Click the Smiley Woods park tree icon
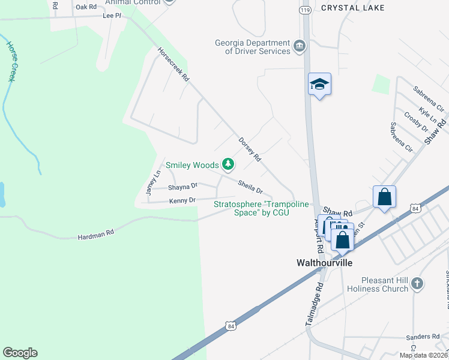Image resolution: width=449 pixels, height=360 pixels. coord(228,164)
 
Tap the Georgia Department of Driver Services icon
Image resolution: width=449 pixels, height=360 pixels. coord(300,46)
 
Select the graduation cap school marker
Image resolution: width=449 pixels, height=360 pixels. coord(319,85)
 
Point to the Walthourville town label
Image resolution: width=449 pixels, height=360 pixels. coord(324,263)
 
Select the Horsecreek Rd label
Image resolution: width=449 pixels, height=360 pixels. coord(173,65)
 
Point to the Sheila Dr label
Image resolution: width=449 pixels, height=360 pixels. coord(250,187)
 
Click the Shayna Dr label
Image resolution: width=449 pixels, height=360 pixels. coord(182,187)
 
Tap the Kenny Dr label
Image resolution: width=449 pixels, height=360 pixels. coord(182,200)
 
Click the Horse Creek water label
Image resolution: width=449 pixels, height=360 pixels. coord(11,61)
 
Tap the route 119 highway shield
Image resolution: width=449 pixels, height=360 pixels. coord(305,11)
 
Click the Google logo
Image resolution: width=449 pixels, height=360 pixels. coord(20,353)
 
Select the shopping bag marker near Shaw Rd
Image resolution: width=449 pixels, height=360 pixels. coord(384,197)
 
